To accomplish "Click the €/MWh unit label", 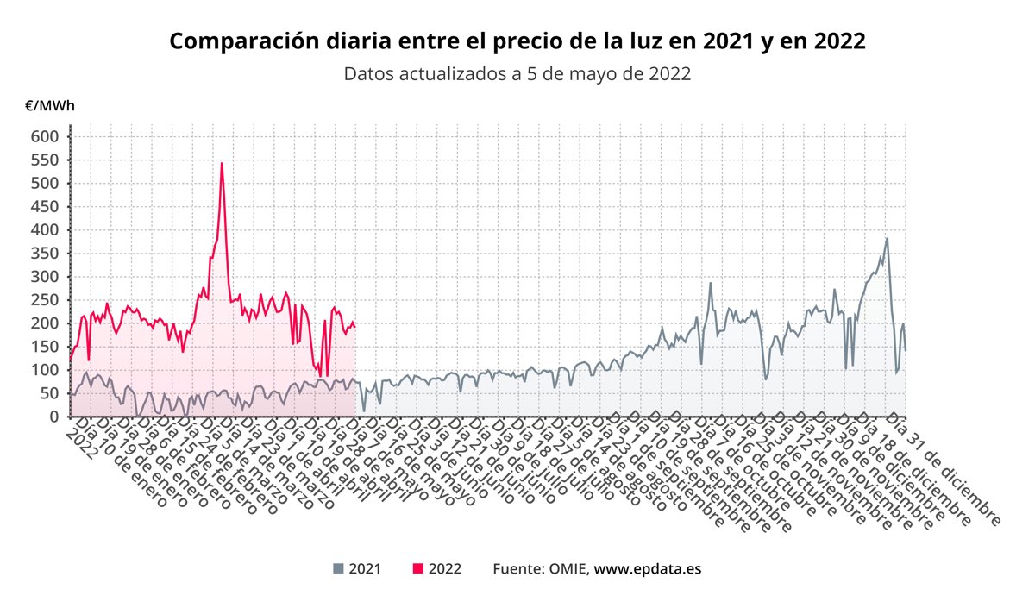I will [50, 106].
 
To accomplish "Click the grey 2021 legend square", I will [338, 568].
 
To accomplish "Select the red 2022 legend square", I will [418, 568].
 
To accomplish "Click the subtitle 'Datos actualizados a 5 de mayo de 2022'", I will [517, 73].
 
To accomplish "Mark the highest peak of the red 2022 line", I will [222, 162].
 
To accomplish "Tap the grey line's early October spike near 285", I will [711, 283].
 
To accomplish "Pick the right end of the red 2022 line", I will [354, 327].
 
